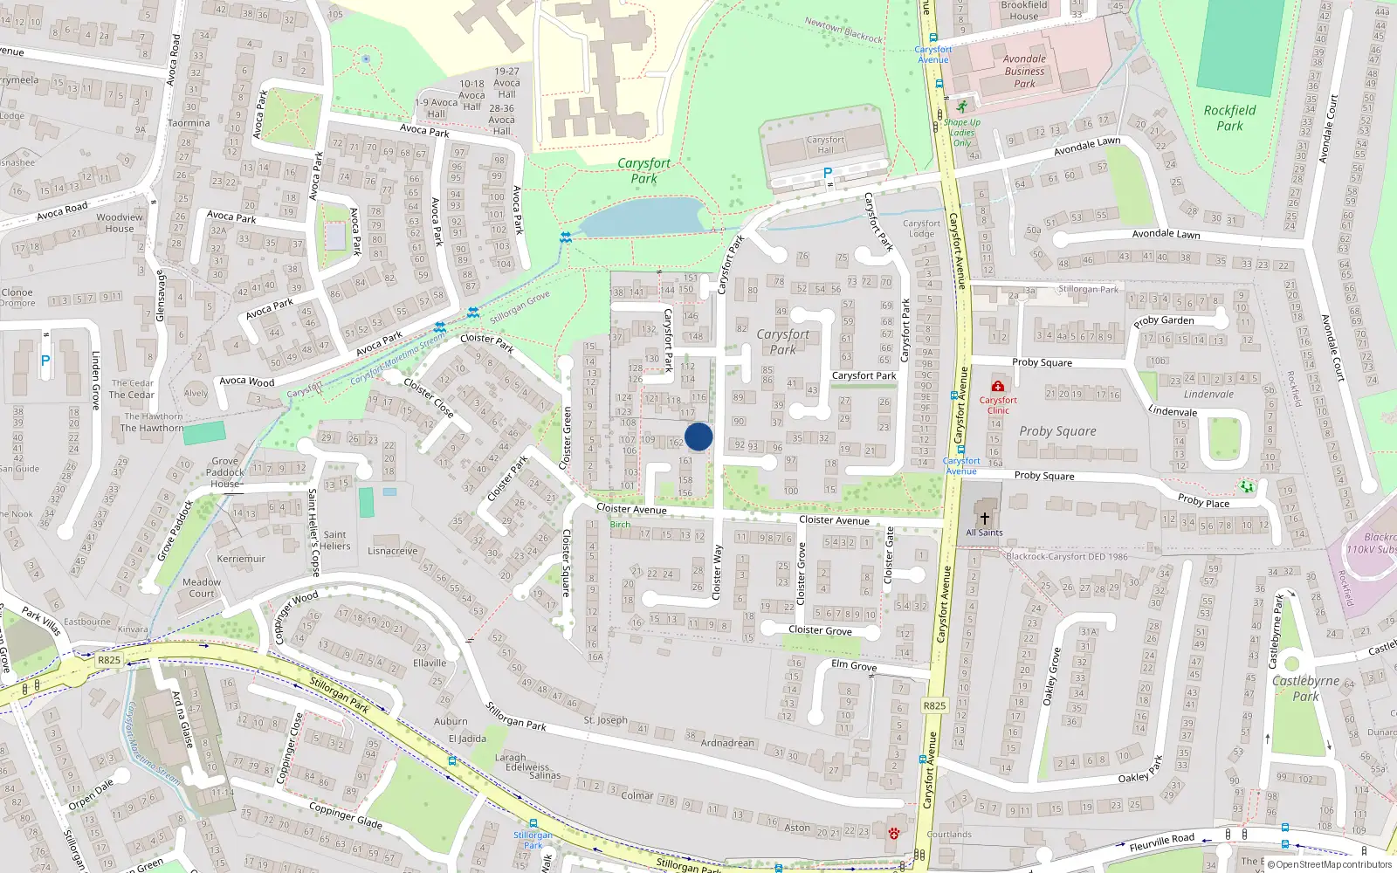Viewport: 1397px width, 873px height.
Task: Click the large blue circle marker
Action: point(698,436)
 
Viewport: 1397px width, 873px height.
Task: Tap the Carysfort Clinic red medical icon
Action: point(998,386)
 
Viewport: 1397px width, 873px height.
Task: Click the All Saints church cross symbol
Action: point(985,518)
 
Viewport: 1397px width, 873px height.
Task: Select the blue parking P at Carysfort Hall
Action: point(828,173)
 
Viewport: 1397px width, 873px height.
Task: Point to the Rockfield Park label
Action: point(1229,118)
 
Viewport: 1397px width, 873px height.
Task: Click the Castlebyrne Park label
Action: point(1305,688)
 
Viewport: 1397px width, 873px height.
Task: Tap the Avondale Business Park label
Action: point(1024,72)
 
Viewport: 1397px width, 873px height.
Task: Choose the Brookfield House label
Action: point(1024,10)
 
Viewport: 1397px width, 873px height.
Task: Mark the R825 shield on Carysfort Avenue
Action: point(934,705)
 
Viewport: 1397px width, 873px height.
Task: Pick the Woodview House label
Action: point(120,223)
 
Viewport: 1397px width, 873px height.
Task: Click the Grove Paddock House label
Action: point(225,472)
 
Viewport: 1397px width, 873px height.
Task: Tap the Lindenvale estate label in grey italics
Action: point(1208,394)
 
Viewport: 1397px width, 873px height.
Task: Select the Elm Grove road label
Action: point(854,665)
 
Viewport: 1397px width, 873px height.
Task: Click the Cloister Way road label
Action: point(718,572)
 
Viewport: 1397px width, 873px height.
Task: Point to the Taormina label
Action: point(189,123)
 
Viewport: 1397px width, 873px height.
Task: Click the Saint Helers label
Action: point(335,540)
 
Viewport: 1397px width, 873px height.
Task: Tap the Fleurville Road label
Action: point(1161,842)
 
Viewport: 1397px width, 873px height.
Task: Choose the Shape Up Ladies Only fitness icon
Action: point(961,107)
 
